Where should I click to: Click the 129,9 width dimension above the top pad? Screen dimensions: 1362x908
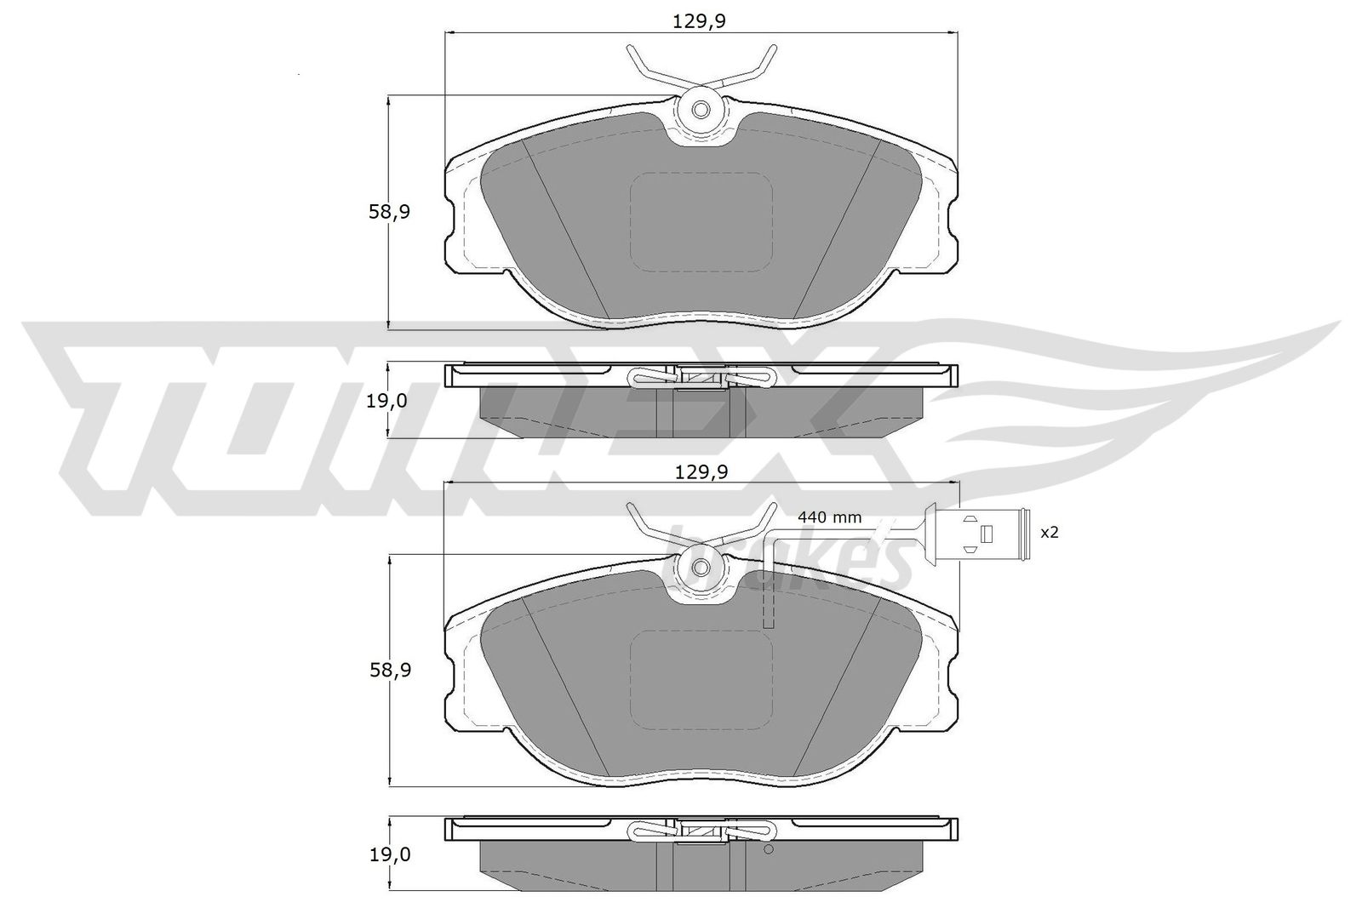pyautogui.click(x=699, y=21)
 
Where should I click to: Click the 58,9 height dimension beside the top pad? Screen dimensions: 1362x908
pyautogui.click(x=389, y=212)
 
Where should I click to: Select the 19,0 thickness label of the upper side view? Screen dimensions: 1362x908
pyautogui.click(x=386, y=401)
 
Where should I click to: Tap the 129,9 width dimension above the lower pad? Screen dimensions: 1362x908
pyautogui.click(x=701, y=471)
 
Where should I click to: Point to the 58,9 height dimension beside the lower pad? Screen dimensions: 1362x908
pyautogui.click(x=391, y=671)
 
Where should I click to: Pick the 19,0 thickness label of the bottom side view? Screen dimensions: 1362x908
pyautogui.click(x=391, y=855)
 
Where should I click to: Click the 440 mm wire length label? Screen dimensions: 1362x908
pyautogui.click(x=829, y=517)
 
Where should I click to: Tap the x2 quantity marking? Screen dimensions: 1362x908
pyautogui.click(x=1050, y=533)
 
